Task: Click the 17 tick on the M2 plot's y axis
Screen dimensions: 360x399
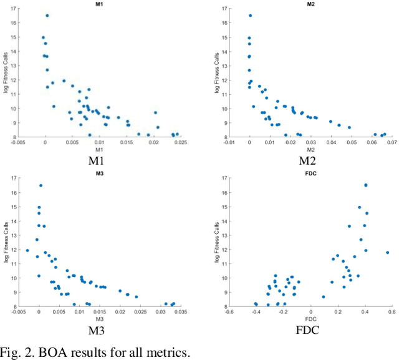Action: pos(224,9)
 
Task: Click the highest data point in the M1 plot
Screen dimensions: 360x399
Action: pos(47,16)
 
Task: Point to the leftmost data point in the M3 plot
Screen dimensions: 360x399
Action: pos(27,250)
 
